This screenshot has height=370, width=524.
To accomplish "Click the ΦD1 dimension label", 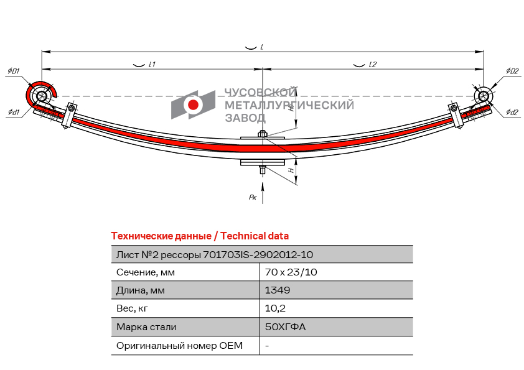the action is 14,71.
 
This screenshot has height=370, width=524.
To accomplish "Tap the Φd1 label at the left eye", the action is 14,112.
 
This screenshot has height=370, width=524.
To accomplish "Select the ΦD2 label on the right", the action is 512,71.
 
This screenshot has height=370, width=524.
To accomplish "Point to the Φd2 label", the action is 512,112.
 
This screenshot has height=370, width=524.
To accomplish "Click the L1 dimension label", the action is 152,64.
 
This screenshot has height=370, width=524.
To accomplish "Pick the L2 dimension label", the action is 372,64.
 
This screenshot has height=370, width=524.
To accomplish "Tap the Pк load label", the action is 253,197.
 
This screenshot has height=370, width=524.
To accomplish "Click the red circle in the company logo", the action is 193,105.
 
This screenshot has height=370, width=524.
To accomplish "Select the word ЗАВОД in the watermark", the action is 245,118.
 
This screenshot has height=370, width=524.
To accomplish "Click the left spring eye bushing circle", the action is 42,96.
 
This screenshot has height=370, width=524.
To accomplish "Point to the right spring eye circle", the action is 483,96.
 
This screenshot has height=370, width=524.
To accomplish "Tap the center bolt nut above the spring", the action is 263,134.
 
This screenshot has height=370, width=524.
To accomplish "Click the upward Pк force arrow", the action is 263,193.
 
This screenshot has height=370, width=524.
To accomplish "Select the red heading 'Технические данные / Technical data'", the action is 200,236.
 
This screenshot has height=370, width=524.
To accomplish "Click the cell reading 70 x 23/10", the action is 291,272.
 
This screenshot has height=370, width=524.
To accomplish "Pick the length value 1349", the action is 278,290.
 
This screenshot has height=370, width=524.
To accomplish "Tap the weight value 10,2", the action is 275,308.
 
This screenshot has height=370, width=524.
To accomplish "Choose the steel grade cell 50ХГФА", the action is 285,326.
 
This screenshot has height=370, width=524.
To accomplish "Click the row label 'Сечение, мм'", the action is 146,272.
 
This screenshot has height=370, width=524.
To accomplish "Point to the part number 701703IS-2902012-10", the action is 258,255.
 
